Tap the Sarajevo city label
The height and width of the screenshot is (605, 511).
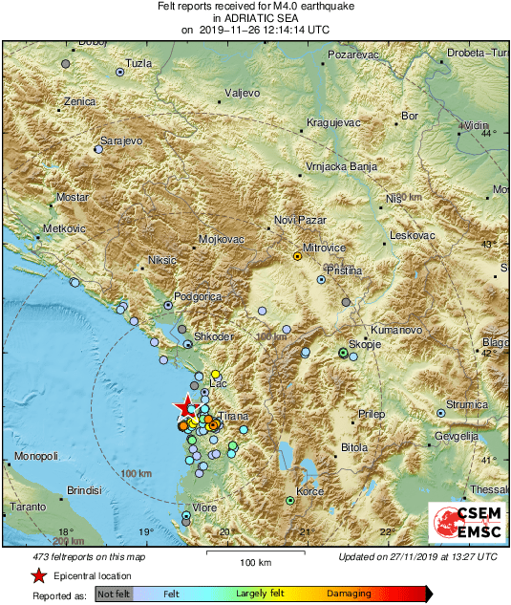click(121, 140)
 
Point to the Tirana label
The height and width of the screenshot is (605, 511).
click(234, 418)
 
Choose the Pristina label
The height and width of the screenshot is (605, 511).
click(343, 271)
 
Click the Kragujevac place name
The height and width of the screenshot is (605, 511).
click(333, 123)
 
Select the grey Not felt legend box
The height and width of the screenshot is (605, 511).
click(114, 594)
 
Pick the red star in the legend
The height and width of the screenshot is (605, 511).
click(38, 575)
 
